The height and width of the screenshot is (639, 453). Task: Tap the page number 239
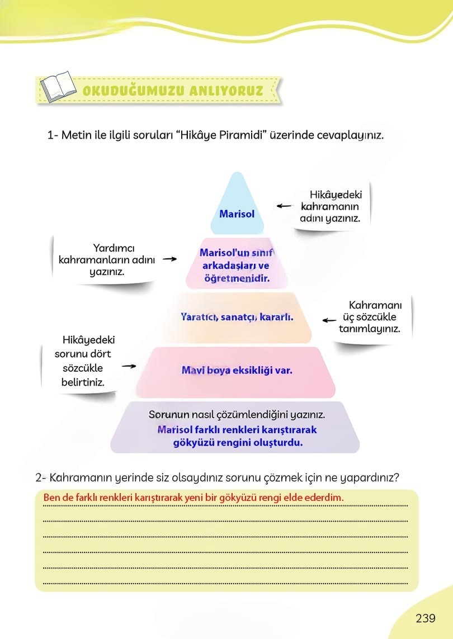point(425,618)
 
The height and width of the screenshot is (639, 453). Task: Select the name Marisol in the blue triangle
point(237,214)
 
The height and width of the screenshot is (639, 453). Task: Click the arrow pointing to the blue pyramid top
point(284,206)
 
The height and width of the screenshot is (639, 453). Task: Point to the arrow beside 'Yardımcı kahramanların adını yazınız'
point(169,259)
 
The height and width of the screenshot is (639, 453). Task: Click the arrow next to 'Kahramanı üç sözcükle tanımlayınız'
point(329,320)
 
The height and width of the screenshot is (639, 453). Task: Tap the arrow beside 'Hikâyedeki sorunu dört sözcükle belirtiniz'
point(129,367)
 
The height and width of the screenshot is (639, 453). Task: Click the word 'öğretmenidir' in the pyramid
point(237,277)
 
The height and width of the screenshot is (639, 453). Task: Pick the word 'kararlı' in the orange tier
point(277,316)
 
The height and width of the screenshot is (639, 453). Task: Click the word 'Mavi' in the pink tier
point(192,370)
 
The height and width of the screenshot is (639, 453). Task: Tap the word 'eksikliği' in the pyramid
point(251,370)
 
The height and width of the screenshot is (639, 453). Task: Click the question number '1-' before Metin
point(53,135)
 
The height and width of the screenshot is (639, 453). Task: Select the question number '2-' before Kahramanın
point(41,478)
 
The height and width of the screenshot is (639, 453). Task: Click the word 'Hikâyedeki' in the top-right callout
point(336,195)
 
